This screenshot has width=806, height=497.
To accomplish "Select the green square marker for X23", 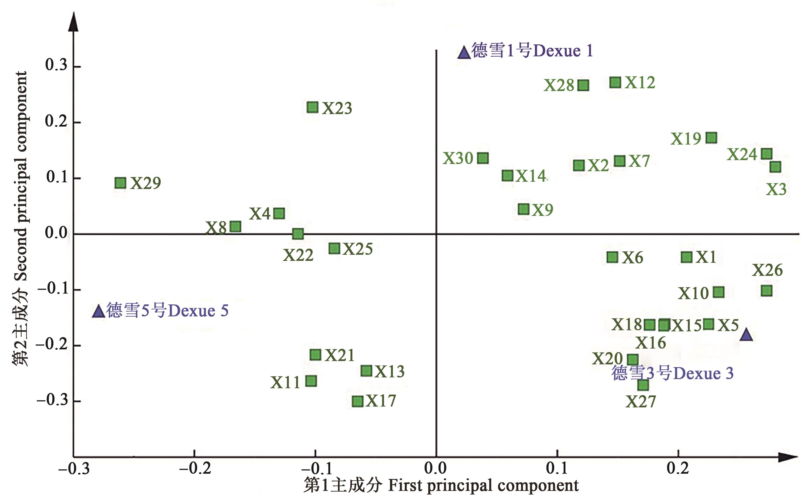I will pos(312,107).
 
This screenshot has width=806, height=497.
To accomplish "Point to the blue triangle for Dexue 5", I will pos(98,311).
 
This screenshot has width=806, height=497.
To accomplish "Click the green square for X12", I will pos(615,82).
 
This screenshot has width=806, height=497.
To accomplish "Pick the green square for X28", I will pos(583,85).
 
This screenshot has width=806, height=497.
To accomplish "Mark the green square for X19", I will pos(711,138).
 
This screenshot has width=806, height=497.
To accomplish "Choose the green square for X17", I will pos(357,401).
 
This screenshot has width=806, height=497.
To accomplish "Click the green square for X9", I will pos(524,209).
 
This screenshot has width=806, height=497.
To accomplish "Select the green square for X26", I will pos(767,291).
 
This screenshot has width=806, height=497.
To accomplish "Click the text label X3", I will pos(776,189).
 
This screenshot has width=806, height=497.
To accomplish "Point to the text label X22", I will pos(298,255).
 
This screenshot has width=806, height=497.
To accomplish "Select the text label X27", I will pos(640,402).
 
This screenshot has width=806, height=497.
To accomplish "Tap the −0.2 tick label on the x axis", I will pos(195,468).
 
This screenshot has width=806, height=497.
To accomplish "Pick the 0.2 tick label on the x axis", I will pos(678,468).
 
